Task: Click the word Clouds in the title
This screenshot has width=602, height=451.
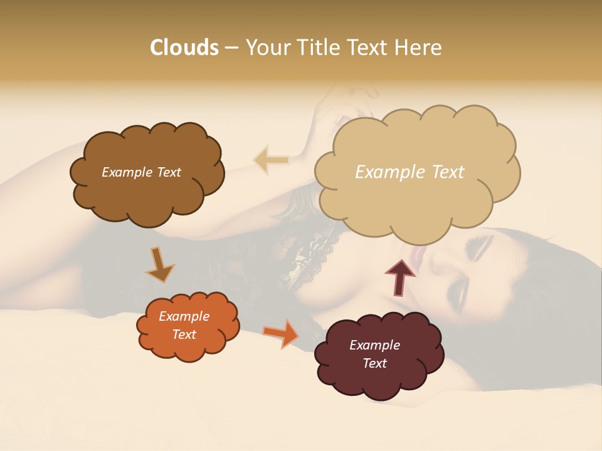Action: (x=184, y=48)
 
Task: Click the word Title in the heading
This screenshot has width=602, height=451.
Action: (x=317, y=48)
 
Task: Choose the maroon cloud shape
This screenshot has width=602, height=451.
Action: (x=376, y=379)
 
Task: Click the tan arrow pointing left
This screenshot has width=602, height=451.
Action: (x=271, y=160)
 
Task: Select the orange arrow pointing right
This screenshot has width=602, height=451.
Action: (x=282, y=333)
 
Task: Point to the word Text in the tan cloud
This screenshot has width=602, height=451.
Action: (x=448, y=172)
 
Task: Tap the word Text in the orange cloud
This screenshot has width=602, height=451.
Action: (x=184, y=334)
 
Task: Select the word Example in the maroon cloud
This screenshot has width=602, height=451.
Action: (x=374, y=345)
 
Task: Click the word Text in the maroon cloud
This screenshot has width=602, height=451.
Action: (x=374, y=363)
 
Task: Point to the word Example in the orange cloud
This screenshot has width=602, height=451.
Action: (x=184, y=316)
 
